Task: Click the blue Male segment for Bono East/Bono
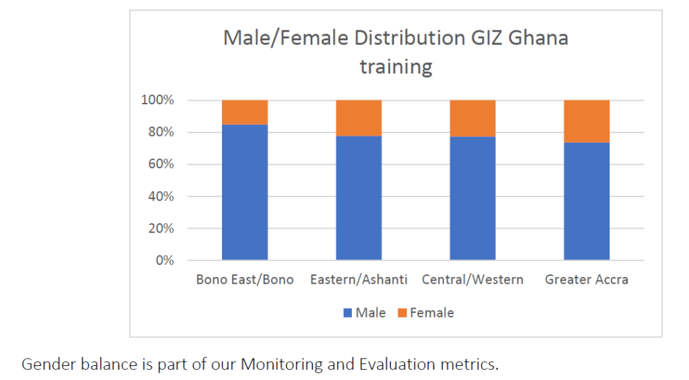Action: (245, 192)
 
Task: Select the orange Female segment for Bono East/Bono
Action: (245, 112)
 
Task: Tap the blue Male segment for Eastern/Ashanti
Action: (359, 198)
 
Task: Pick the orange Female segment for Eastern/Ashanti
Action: (359, 118)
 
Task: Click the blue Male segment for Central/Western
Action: (472, 198)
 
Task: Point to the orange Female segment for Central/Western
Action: (472, 118)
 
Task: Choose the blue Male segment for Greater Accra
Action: (587, 201)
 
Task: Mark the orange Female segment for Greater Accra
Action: (587, 122)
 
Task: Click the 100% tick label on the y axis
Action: (157, 100)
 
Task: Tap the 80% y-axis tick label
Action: (161, 132)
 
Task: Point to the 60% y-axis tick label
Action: (161, 164)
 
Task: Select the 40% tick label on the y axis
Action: (161, 196)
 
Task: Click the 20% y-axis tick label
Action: (161, 229)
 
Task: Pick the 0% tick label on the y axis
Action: (165, 260)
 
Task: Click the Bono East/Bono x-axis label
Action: (245, 279)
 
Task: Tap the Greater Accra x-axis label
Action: (587, 279)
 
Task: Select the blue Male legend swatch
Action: (348, 313)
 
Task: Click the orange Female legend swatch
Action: (402, 313)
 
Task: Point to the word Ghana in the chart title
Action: (538, 38)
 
